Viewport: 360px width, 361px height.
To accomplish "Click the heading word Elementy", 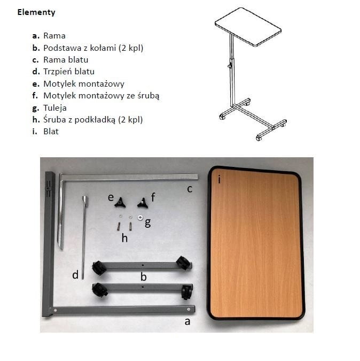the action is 36,12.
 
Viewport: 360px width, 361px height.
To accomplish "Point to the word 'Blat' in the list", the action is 51,132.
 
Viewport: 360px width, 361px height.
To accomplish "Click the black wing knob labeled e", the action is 120,202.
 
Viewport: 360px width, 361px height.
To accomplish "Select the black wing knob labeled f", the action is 143,203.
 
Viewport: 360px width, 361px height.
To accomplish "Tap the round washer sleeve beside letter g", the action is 140,217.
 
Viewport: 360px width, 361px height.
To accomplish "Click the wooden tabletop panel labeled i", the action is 256,243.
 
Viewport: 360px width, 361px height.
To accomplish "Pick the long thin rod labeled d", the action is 84,237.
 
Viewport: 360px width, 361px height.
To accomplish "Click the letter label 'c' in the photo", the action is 190,189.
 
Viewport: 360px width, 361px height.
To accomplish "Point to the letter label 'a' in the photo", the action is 187,321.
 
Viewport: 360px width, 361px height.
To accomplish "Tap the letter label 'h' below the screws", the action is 124,238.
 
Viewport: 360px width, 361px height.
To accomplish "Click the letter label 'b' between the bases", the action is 144,276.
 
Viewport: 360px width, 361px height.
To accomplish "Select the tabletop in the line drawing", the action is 248,27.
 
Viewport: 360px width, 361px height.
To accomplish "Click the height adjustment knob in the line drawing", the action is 230,66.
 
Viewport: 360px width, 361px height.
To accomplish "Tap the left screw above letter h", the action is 119,227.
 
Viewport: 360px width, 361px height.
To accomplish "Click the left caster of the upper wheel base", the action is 99,267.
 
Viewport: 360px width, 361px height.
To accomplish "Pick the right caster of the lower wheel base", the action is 186,292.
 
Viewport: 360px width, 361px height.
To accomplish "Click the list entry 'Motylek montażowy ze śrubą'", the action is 101,96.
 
